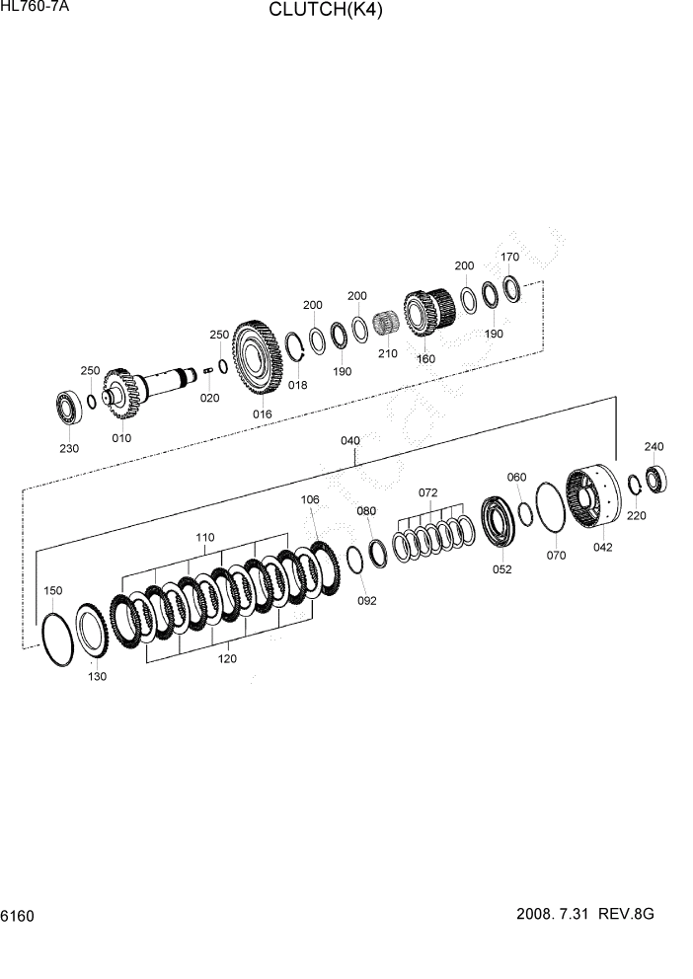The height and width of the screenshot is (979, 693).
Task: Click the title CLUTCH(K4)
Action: click(325, 11)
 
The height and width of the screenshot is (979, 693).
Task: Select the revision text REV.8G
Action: click(627, 914)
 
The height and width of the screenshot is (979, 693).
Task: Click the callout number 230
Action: click(69, 448)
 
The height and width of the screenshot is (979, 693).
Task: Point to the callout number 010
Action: click(121, 437)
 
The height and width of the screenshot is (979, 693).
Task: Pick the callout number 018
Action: click(297, 385)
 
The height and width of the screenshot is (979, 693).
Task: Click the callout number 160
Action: click(425, 358)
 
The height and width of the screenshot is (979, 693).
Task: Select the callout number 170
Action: click(509, 258)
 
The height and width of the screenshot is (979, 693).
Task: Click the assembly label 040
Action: click(350, 440)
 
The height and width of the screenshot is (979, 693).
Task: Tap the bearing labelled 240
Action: click(656, 477)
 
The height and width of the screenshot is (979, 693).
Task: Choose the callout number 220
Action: click(637, 514)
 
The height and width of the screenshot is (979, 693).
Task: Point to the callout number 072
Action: click(427, 491)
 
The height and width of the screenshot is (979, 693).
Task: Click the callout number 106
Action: click(310, 500)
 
